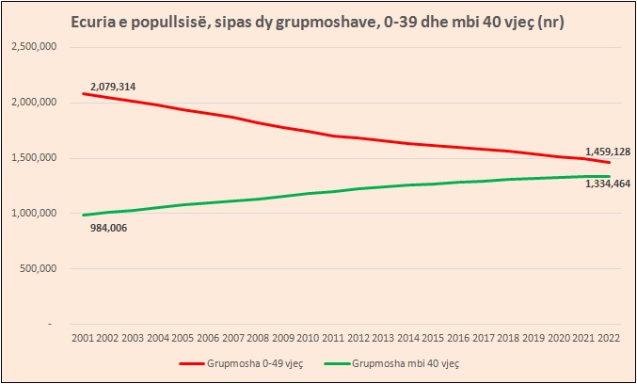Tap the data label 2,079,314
[114, 87]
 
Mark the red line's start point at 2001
[83, 93]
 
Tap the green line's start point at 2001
[83, 215]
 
